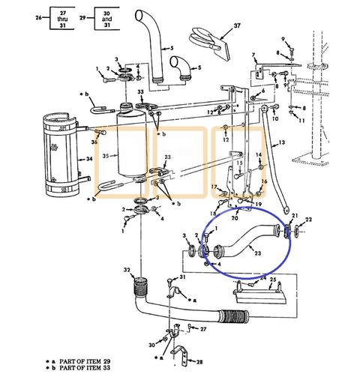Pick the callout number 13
tap(282, 143)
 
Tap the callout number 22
tap(308, 218)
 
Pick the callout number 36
tap(94, 142)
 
